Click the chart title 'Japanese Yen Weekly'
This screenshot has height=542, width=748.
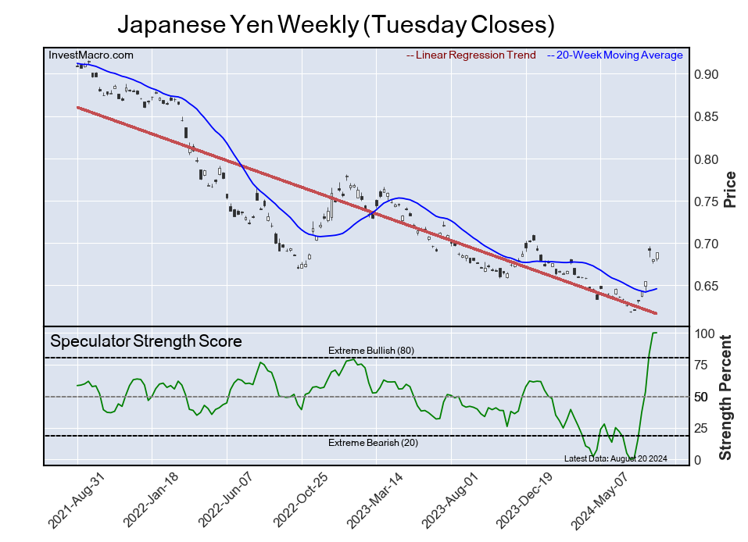[x=336, y=25]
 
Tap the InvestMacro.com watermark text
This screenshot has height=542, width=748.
[x=91, y=55]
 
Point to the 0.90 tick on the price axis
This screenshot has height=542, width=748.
[x=706, y=75]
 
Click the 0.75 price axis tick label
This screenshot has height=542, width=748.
[x=706, y=201]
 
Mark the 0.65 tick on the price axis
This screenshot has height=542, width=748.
[x=706, y=287]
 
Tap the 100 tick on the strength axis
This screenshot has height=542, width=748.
[x=705, y=333]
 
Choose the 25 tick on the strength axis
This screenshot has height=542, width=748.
[x=702, y=428]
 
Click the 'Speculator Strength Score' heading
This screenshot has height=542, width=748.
[x=145, y=341]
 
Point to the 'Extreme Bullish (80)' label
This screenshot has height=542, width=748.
[x=370, y=351]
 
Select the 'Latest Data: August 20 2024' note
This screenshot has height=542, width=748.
[x=615, y=458]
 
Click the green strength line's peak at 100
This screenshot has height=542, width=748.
[x=654, y=333]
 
